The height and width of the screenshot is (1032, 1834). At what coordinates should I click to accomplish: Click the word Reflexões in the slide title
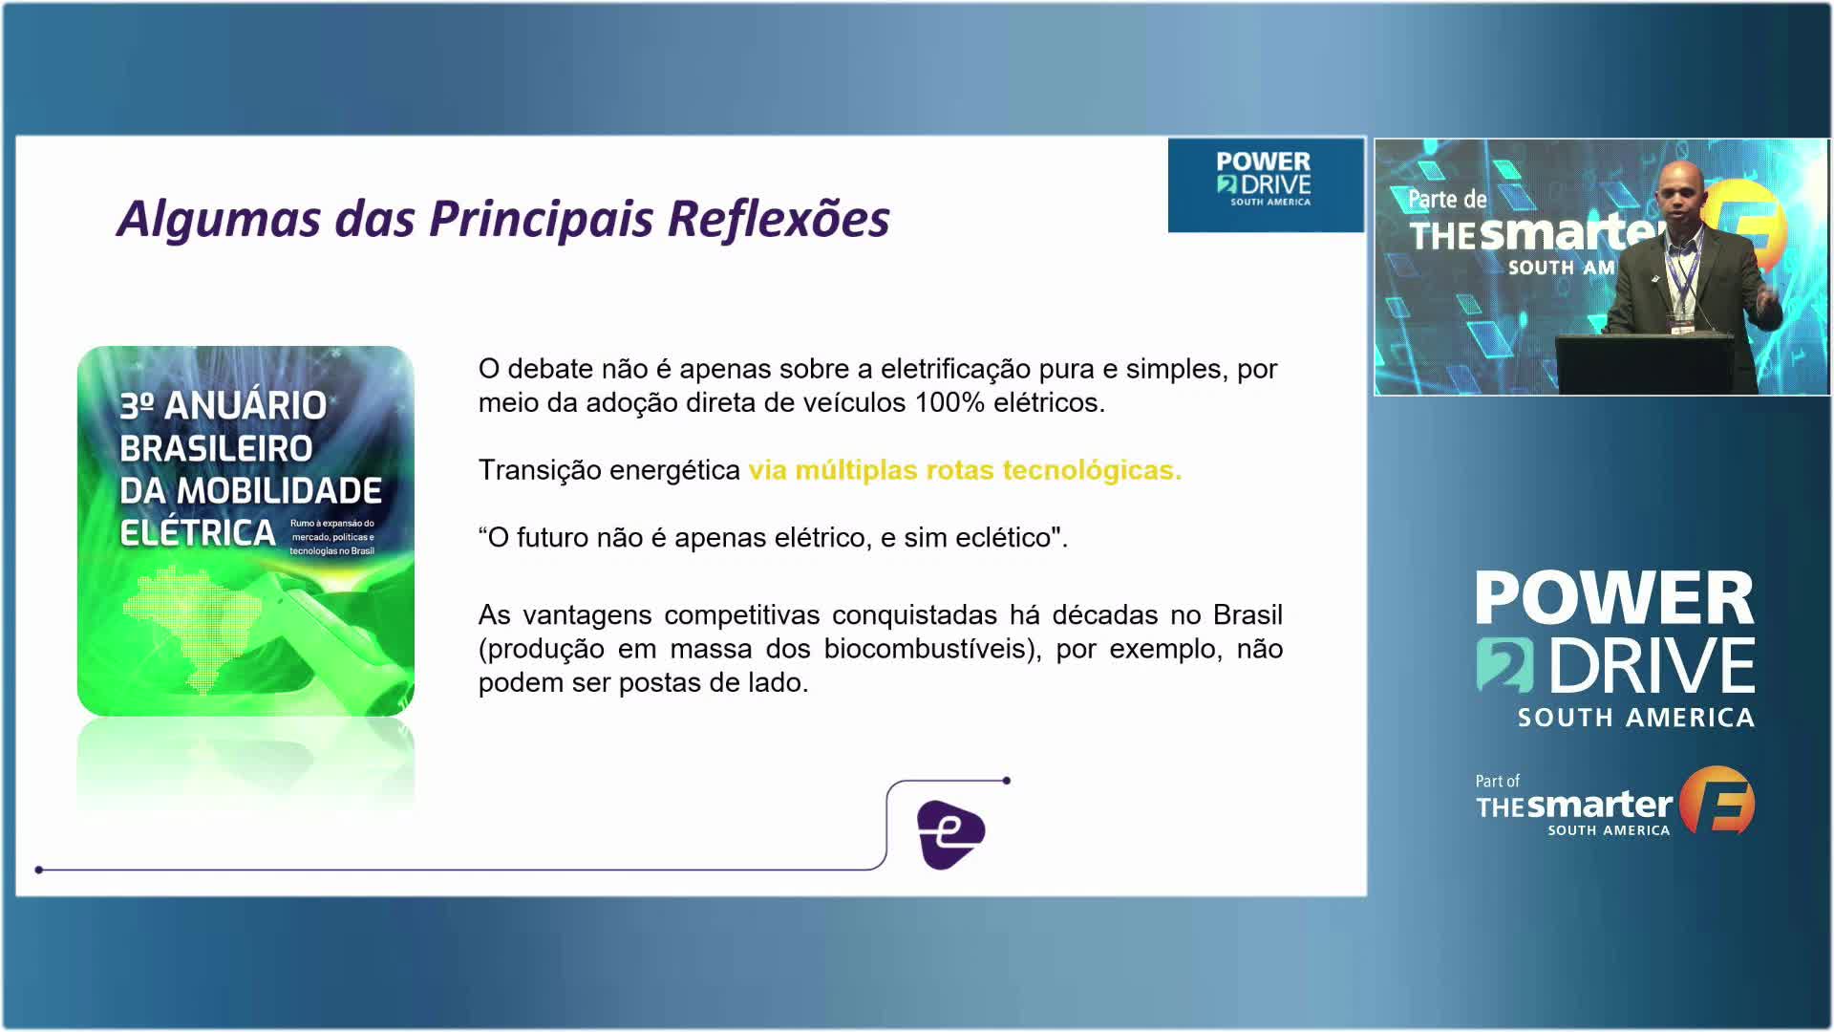pyautogui.click(x=778, y=219)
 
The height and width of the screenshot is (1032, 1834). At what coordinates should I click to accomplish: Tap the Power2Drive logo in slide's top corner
pyautogui.click(x=1266, y=184)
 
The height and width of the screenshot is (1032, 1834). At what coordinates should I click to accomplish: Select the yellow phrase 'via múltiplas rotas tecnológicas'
pyautogui.click(x=965, y=470)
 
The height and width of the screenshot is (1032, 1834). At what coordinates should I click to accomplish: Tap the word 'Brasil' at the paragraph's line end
pyautogui.click(x=1248, y=614)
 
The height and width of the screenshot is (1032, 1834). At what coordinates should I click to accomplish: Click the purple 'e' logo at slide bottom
pyautogui.click(x=950, y=834)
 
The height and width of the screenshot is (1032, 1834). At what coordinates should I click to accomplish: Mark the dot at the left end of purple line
pyautogui.click(x=39, y=870)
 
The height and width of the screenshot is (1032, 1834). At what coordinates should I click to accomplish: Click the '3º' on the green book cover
pyautogui.click(x=138, y=406)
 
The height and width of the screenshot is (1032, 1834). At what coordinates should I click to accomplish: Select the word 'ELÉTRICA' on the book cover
pyautogui.click(x=198, y=533)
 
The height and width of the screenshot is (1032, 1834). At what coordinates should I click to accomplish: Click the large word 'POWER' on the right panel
pyautogui.click(x=1615, y=598)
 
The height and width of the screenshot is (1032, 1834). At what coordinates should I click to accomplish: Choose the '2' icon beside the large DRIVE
pyautogui.click(x=1504, y=665)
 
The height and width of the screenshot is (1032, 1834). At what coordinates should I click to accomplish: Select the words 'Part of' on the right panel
pyautogui.click(x=1497, y=781)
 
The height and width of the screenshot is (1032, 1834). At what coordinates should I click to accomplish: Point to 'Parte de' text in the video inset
pyautogui.click(x=1447, y=200)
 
